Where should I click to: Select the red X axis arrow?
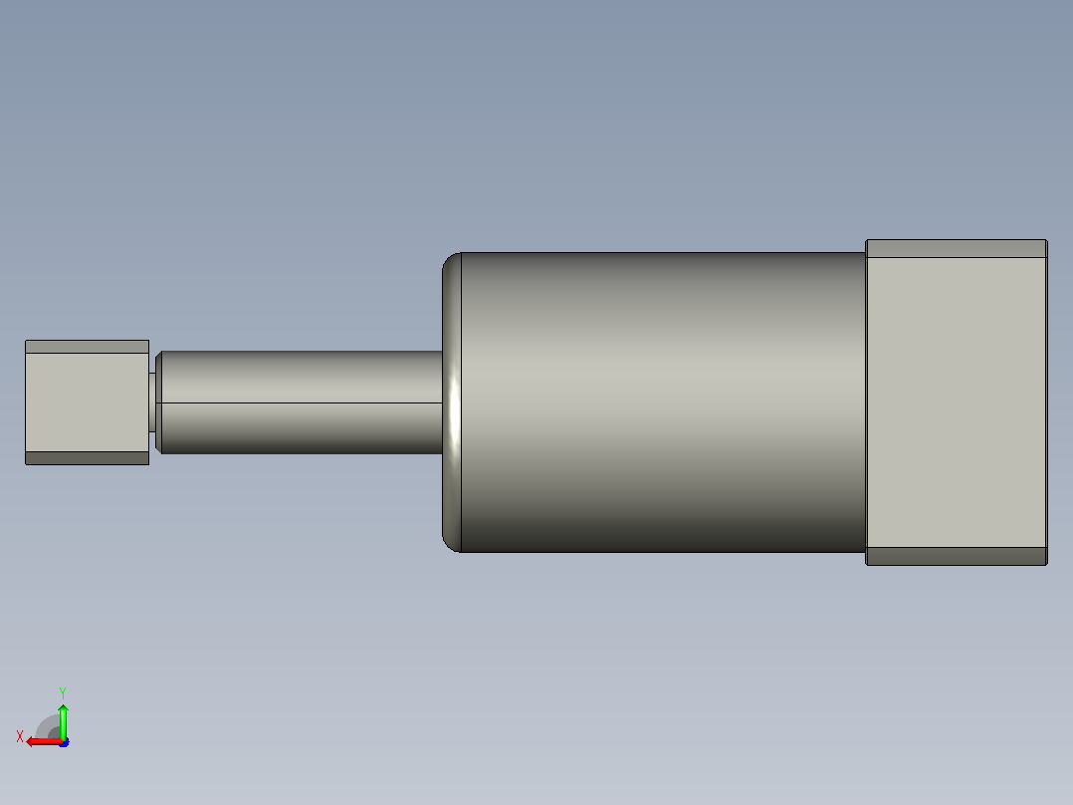[44, 742]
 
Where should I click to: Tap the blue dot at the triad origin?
[65, 742]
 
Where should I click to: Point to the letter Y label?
[63, 692]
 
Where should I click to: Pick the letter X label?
[20, 736]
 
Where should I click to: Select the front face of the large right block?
[956, 402]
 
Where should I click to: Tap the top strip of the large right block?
[956, 249]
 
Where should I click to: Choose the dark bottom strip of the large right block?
[956, 556]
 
